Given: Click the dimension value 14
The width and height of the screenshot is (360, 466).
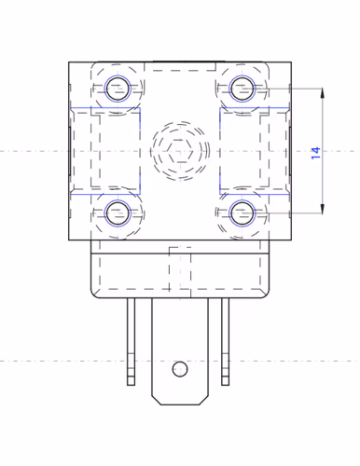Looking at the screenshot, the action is click(315, 153).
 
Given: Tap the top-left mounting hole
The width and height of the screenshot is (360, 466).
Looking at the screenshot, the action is click(118, 89).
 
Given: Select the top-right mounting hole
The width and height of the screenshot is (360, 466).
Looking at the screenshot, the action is click(242, 89).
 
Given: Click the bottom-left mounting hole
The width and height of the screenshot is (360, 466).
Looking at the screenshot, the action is click(118, 213).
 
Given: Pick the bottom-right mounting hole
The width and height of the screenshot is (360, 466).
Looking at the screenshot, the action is click(242, 213).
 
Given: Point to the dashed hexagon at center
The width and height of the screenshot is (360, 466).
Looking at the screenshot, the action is click(180, 151).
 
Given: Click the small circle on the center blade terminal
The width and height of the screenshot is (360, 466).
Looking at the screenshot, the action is click(180, 369).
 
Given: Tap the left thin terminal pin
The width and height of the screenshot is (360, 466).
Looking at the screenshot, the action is click(131, 342).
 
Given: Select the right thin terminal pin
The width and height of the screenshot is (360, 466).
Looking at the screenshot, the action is click(226, 342).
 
